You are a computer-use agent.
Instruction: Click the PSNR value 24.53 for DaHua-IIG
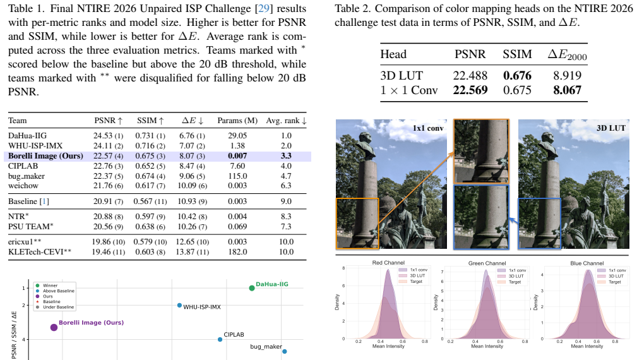(103, 136)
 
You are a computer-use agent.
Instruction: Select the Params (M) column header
(237, 121)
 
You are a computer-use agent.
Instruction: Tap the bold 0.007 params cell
(237, 156)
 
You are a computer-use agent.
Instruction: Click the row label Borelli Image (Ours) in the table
(45, 156)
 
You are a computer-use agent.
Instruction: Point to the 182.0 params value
(237, 252)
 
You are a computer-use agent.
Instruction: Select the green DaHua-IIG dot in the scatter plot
(252, 288)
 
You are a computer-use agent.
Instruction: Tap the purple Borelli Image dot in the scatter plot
(54, 328)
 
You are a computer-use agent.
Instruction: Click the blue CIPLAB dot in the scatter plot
(220, 339)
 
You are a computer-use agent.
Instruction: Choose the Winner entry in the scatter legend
(47, 285)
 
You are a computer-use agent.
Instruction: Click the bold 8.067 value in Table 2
(567, 90)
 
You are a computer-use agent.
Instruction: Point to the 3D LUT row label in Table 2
(396, 76)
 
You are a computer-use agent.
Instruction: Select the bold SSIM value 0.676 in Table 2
(517, 76)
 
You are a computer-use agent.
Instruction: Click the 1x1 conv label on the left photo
(428, 128)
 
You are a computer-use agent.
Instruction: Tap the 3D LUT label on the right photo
(611, 128)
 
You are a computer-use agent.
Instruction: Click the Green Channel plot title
(487, 263)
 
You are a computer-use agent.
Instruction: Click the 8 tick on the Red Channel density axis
(343, 268)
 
